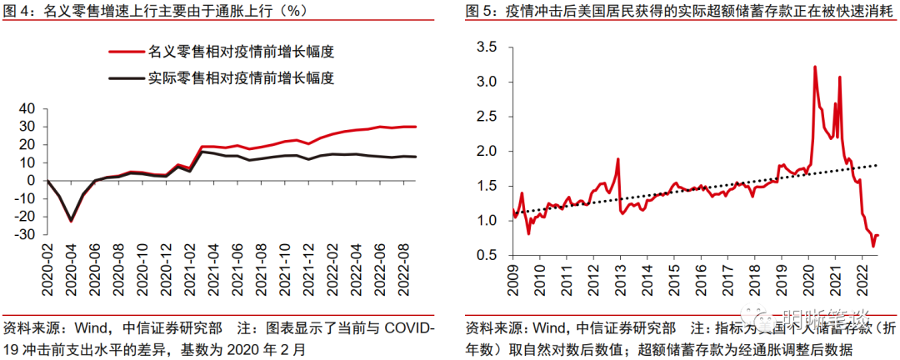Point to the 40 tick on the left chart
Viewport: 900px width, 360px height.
click(27, 107)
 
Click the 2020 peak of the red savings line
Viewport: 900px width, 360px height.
click(814, 67)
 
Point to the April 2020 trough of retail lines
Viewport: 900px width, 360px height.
click(72, 221)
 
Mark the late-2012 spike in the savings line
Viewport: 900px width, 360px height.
click(617, 159)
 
